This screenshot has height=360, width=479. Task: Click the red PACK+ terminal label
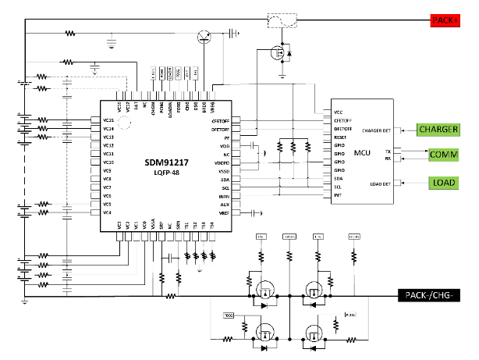[x=448, y=20]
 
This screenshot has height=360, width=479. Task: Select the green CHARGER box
[x=439, y=129]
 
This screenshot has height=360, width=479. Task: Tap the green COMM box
[x=443, y=155]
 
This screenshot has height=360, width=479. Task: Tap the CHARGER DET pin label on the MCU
[x=378, y=130]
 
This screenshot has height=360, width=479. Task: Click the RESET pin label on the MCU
[x=340, y=137]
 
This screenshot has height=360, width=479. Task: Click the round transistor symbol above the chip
[x=204, y=34]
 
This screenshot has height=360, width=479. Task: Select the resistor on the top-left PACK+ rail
[x=70, y=34]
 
